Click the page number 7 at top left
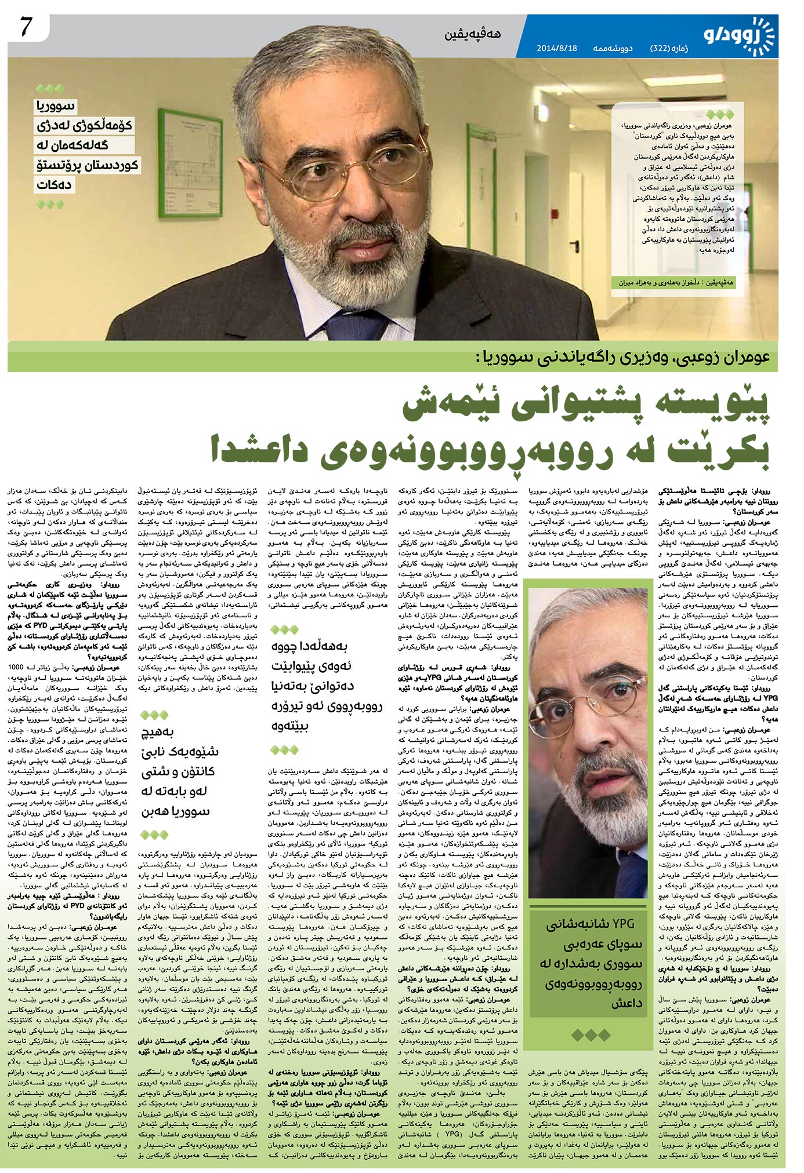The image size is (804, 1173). pyautogui.click(x=26, y=28)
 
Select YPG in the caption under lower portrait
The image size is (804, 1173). pyautogui.click(x=624, y=923)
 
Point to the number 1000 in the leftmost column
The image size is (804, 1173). pyautogui.click(x=16, y=666)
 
